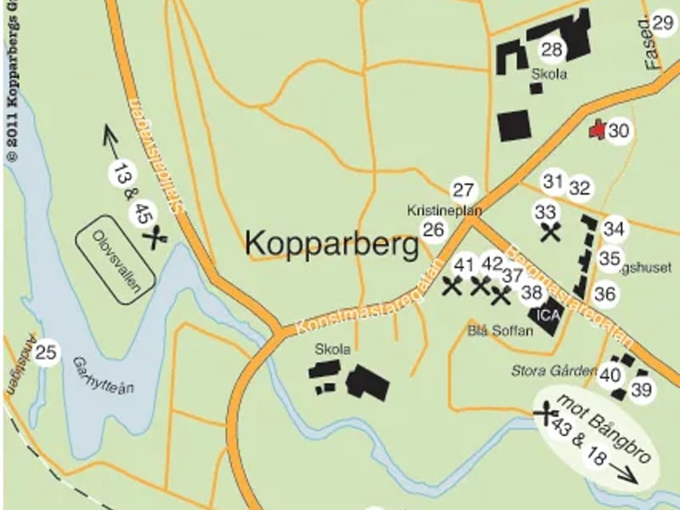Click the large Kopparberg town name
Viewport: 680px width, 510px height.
pos(331,244)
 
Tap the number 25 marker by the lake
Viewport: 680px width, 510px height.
pos(48,351)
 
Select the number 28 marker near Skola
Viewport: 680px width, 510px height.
pos(552,49)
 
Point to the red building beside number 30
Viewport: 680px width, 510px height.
pos(598,129)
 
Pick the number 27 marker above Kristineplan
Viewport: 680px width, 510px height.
pos(463,190)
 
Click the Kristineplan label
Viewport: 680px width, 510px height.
pos(445,209)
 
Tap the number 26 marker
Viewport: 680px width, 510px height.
pos(434,229)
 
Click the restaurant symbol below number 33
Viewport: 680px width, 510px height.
pos(551,231)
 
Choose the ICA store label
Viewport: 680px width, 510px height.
pos(545,314)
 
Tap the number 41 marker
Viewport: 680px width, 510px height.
pos(463,263)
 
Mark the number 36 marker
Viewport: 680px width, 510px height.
pos(605,294)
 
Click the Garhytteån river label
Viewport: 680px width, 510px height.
pos(104,373)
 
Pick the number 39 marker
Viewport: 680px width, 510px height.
pos(642,390)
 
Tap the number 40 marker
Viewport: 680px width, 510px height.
pos(609,375)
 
